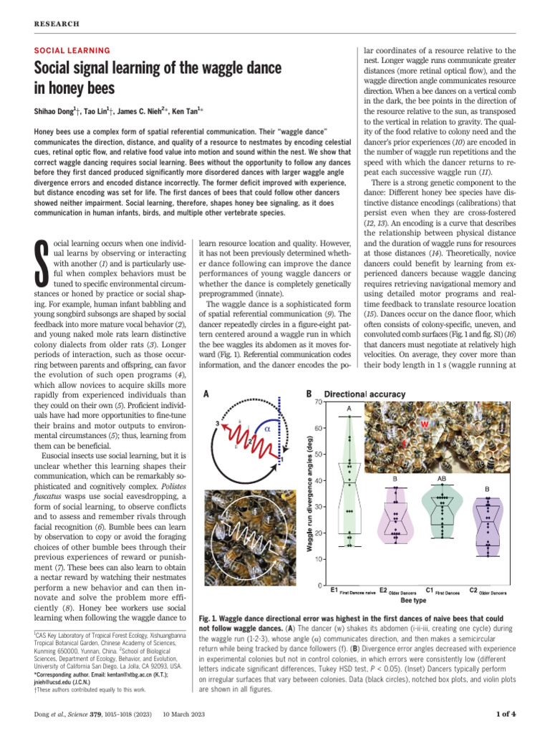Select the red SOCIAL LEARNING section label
tap(72, 51)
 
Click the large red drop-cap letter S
tap(43, 264)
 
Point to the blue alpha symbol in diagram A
tap(266, 428)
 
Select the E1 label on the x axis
tap(334, 590)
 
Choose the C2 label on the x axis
tap(473, 590)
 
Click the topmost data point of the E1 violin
tap(349, 417)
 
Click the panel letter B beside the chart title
tap(309, 394)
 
